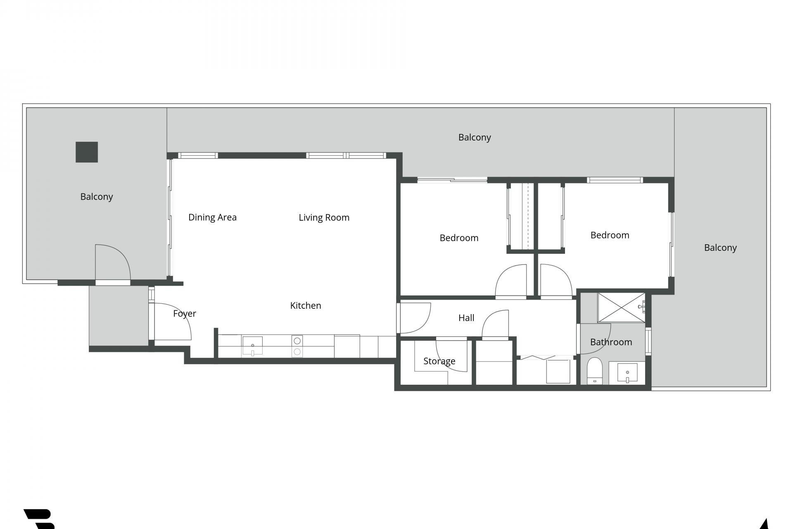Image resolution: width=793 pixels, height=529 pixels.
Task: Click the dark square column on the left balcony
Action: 87,152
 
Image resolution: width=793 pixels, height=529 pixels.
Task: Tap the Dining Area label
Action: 212,217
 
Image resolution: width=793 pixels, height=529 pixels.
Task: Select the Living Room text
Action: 324,217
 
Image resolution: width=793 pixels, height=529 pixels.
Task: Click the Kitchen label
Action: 305,305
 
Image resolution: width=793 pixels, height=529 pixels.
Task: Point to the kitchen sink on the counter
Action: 252,346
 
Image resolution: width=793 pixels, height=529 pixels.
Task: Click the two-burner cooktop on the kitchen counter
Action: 297,346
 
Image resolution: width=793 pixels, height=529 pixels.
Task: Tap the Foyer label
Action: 184,313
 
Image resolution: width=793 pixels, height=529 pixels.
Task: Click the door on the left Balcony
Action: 112,263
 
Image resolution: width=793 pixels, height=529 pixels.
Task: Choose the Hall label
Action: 466,318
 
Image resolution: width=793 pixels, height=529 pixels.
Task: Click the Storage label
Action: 439,361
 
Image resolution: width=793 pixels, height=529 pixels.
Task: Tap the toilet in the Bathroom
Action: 595,370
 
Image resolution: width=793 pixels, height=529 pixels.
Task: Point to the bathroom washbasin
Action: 627,373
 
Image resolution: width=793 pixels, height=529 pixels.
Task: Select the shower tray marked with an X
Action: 621,307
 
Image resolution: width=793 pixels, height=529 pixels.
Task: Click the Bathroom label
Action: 611,342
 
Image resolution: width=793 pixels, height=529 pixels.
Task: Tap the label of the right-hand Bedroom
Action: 610,235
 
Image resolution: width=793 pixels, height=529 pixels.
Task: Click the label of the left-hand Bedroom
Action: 459,238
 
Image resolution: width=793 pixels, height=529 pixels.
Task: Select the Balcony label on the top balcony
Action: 474,137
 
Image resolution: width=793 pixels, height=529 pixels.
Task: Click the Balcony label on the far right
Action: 720,248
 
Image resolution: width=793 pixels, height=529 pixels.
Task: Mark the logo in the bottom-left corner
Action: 40,519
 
